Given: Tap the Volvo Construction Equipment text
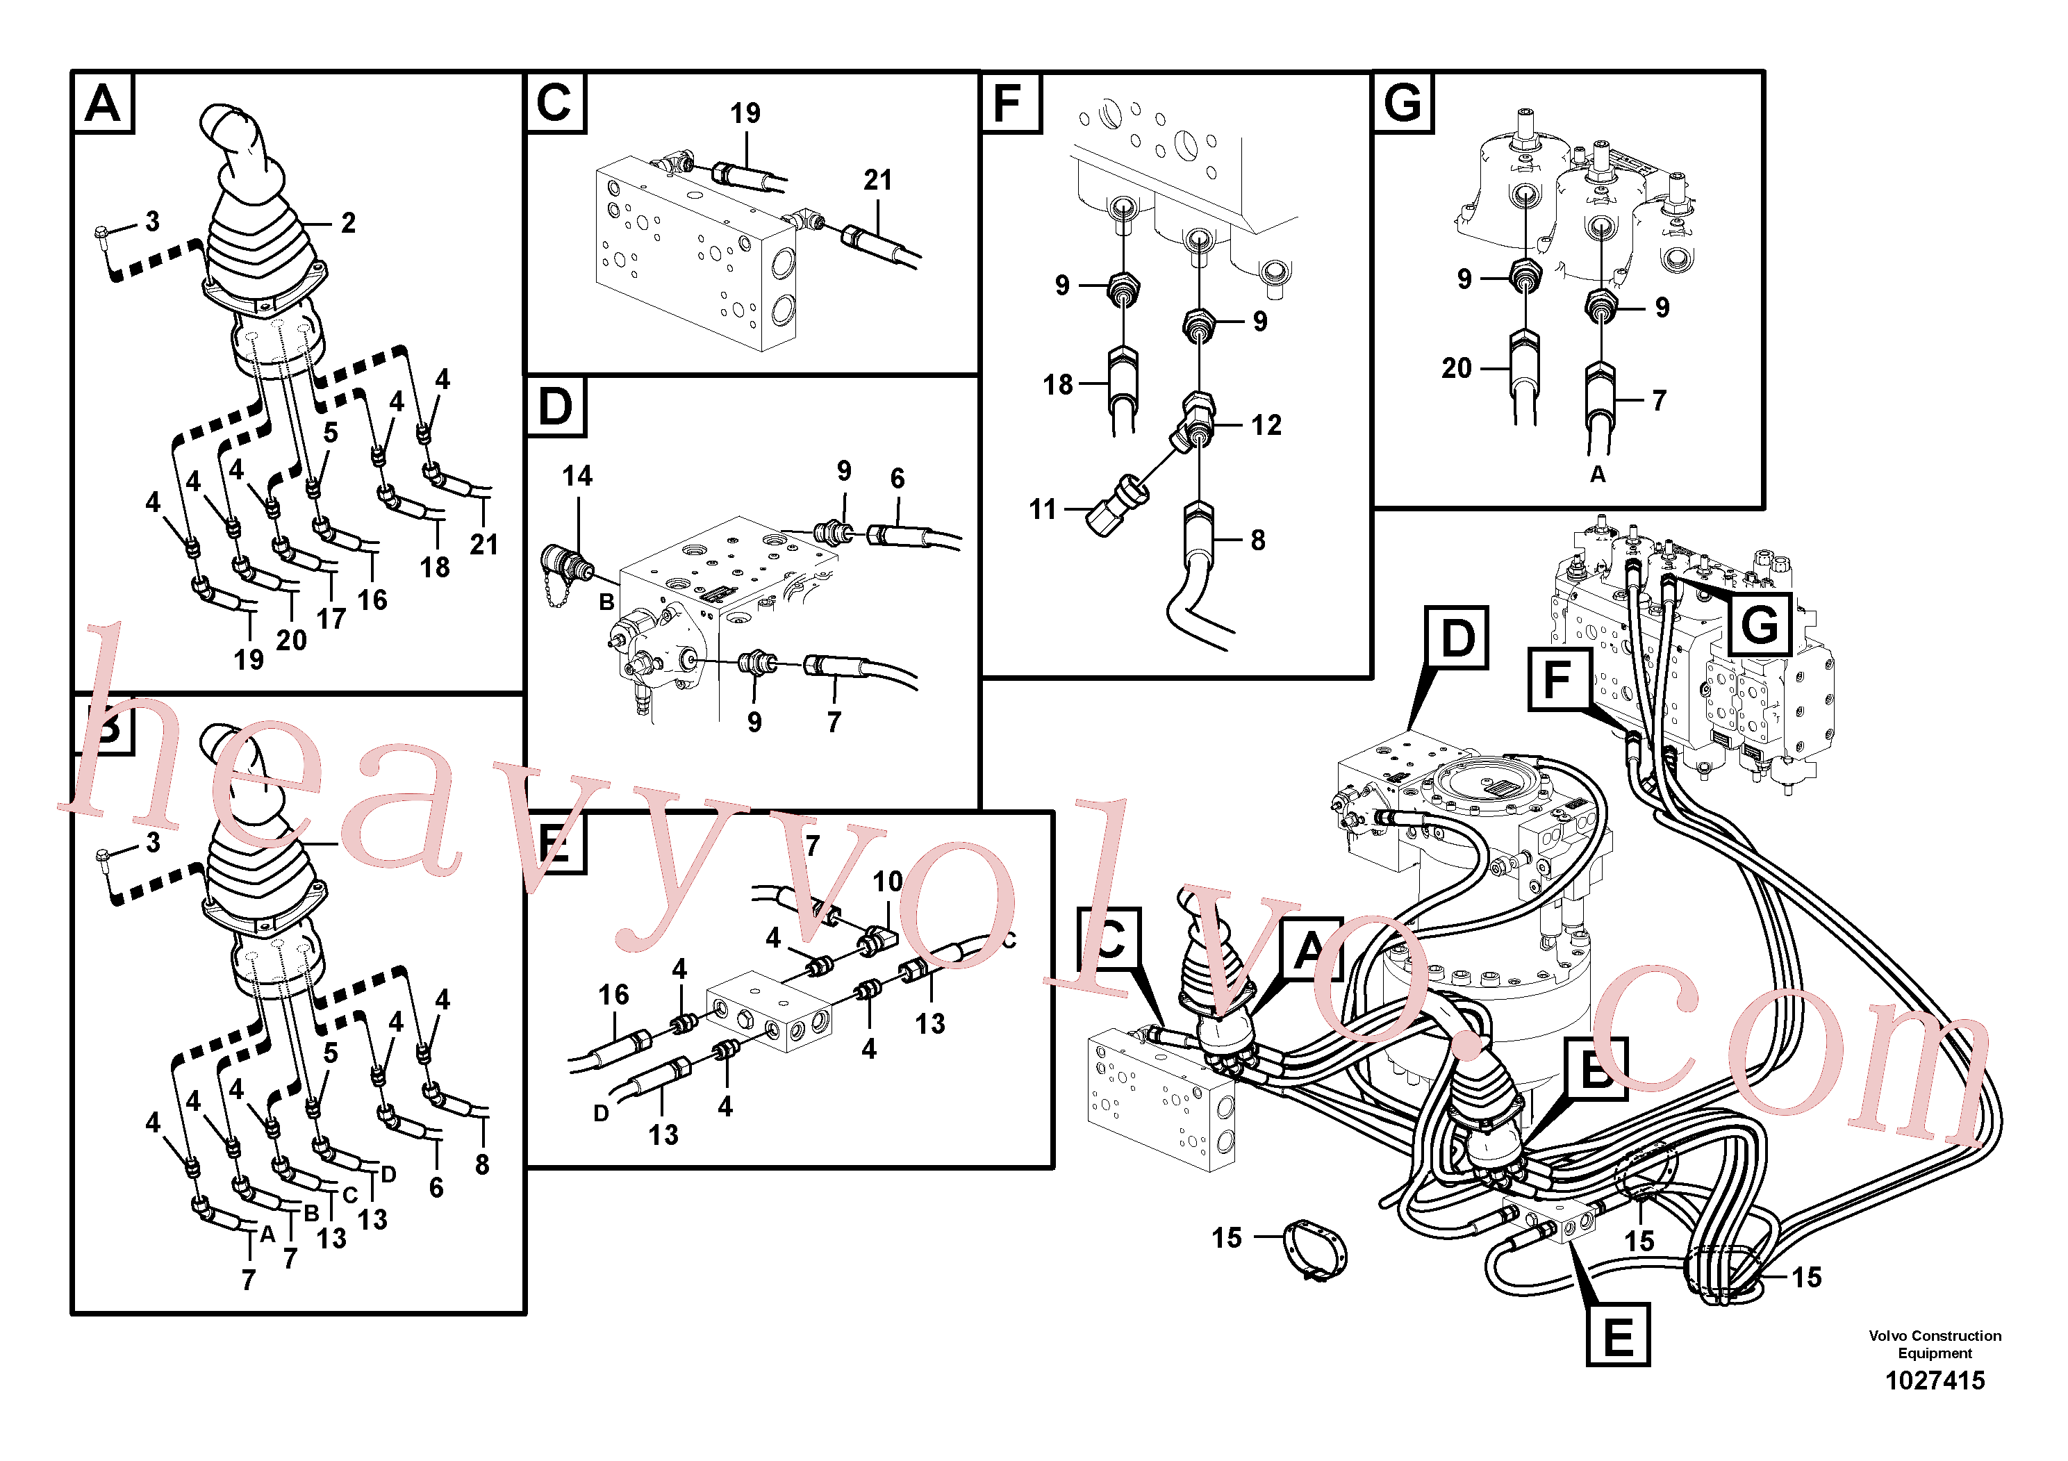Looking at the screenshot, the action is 1935,1344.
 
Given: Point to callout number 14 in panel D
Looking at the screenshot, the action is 577,476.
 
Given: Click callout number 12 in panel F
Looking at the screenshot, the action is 1266,424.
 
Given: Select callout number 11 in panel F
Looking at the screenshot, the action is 1042,509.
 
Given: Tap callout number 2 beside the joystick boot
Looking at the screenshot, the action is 347,222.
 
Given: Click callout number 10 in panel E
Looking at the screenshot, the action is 887,881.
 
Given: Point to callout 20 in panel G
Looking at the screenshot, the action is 1457,368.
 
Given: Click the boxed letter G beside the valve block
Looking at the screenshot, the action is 1759,625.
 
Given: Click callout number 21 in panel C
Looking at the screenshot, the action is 877,180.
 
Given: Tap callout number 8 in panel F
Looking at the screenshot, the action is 1257,540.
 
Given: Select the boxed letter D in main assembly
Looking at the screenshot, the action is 1457,638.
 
